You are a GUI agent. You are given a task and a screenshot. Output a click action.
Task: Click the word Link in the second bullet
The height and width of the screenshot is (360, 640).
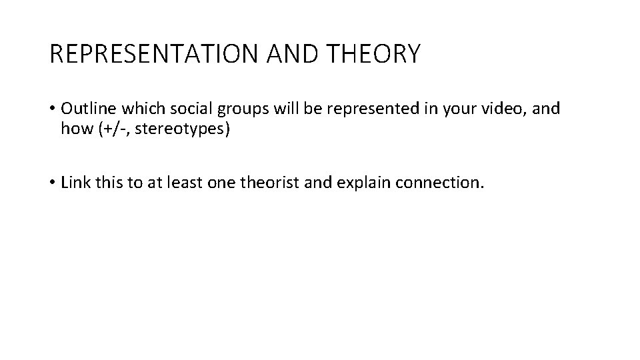tap(74, 183)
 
